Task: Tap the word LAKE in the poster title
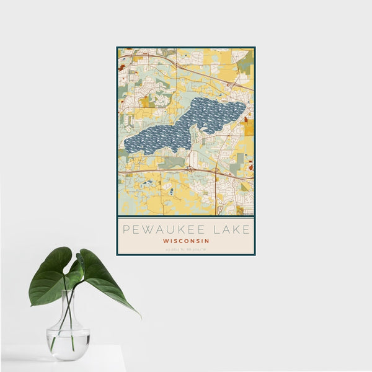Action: (x=231, y=229)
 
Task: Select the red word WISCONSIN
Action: (x=186, y=241)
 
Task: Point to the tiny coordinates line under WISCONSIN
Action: (x=186, y=249)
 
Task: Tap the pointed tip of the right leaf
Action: (x=139, y=316)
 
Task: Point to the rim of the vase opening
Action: (x=69, y=291)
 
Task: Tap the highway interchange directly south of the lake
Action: (x=191, y=167)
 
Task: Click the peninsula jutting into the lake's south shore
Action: (x=194, y=134)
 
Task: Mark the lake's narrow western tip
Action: (x=127, y=146)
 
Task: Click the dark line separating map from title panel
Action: (x=186, y=216)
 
